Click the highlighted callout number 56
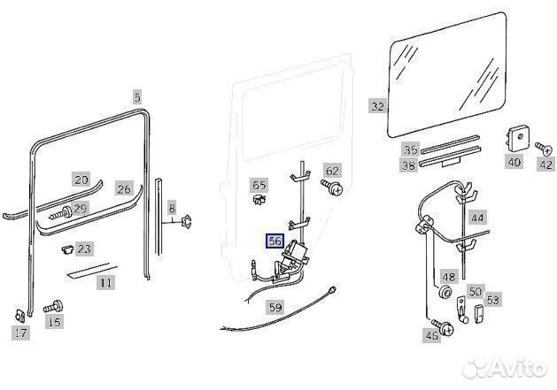coord(275,241)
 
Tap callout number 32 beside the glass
coord(378,106)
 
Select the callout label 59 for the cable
coord(275,308)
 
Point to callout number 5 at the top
coord(136,96)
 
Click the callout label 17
coord(19,333)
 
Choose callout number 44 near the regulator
coord(478,217)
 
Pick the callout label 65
coord(259,186)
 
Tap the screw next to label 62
coord(333,188)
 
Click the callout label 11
coord(105,283)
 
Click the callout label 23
coord(84,250)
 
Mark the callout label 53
coord(492,300)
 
